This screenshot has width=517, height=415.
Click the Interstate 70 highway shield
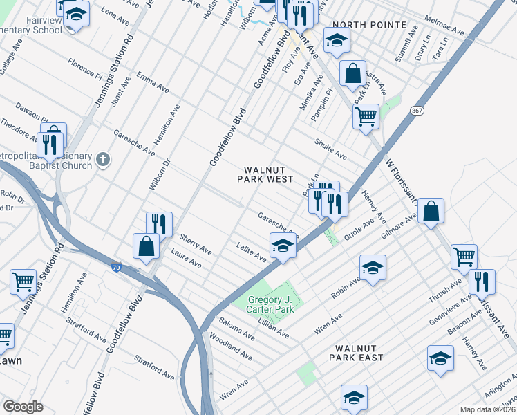pos(115,266)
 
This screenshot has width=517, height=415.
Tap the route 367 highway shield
pos(416,111)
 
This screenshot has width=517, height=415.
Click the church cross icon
pos(102,160)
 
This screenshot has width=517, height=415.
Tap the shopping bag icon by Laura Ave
pos(147,246)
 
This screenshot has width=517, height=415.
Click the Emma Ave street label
pos(153,82)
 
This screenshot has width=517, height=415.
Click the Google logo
pos(23,407)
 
